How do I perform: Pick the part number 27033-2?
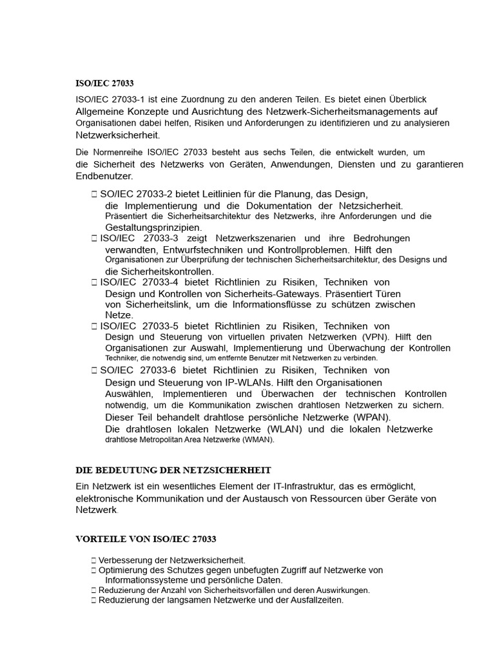[155, 194]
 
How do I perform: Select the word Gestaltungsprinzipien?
[153, 228]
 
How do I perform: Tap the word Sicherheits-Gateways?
[262, 293]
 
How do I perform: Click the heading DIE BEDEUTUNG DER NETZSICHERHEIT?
[173, 471]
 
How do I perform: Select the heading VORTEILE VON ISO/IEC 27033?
[146, 539]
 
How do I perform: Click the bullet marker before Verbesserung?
[94, 561]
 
